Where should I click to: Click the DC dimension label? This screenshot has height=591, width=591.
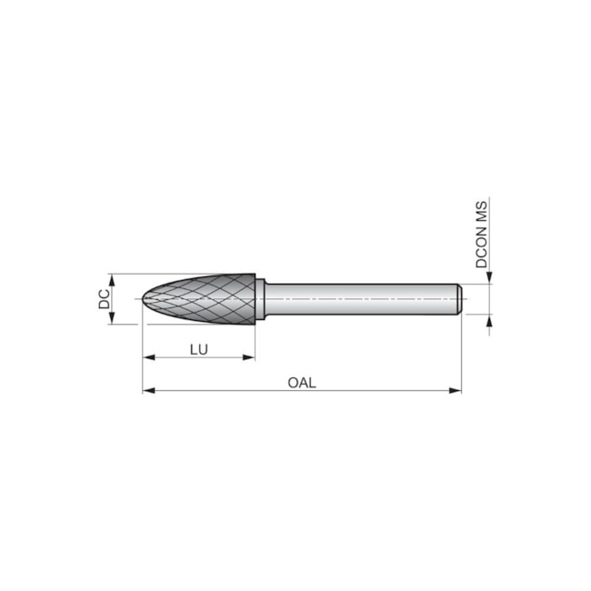click(x=104, y=298)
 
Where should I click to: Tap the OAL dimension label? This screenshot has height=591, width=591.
click(x=301, y=382)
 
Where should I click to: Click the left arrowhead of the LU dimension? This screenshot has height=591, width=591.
click(x=148, y=358)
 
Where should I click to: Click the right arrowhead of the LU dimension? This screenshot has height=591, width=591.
click(x=250, y=358)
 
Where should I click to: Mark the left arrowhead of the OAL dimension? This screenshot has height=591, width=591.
click(x=148, y=392)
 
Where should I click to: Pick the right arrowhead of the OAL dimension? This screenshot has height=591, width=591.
click(x=456, y=392)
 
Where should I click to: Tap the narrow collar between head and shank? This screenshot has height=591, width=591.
click(x=261, y=299)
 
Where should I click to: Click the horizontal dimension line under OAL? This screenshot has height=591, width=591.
click(x=364, y=392)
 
